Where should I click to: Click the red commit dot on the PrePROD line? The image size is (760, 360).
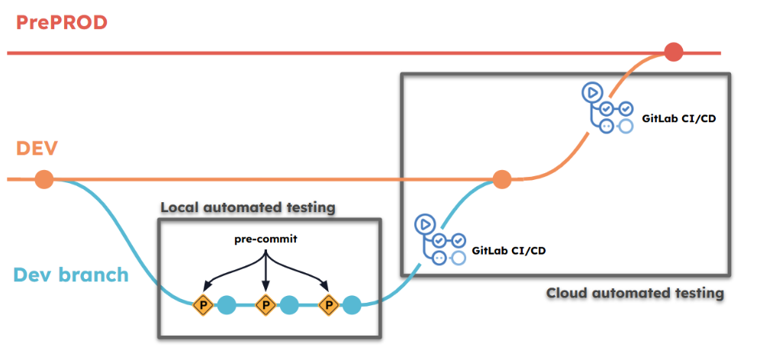673,53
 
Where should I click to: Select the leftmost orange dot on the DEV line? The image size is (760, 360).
44,179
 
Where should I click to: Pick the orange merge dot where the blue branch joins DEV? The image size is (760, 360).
501,179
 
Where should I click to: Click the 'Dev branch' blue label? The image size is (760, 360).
70,273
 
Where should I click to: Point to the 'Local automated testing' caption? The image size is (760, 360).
249,207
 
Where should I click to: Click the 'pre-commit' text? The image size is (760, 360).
265,239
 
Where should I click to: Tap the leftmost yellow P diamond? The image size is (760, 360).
203,306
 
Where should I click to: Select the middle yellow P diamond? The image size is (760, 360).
266,306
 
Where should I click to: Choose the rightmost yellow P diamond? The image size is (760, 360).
328,306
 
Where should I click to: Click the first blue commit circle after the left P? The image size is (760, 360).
227,306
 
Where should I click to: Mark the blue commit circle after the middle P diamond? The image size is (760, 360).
289,306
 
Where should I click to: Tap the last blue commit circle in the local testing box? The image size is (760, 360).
352,306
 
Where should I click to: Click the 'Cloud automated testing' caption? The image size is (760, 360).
635,293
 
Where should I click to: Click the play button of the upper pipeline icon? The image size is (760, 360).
591,93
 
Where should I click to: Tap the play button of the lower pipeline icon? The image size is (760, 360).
424,224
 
